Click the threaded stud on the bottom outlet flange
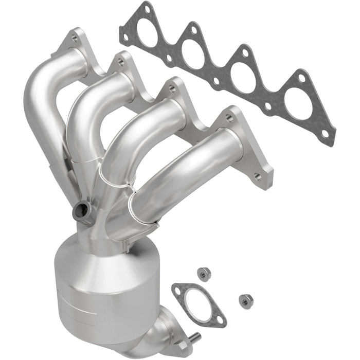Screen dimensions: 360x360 point(196,337)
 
